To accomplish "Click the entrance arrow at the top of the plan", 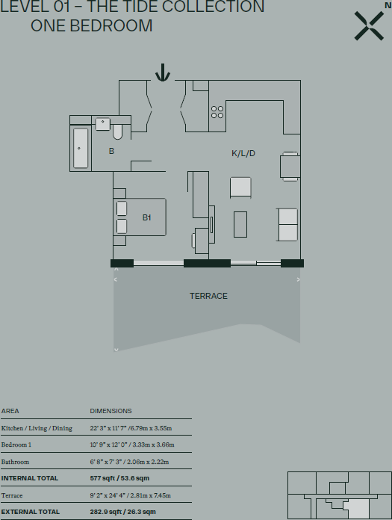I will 163,72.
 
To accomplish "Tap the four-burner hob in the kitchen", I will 217,111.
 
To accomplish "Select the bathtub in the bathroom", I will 80,148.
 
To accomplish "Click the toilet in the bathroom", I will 118,131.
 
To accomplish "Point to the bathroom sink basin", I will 102,124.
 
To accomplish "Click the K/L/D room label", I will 243,153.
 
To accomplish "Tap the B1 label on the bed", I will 147,217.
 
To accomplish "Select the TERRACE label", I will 208,296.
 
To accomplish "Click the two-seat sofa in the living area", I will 287,225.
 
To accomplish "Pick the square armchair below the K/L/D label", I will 240,187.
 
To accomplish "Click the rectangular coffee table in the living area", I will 240,224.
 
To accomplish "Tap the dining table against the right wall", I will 290,167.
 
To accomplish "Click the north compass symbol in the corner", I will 369,25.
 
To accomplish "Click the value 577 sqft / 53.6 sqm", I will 120,478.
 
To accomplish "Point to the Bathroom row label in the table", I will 16,462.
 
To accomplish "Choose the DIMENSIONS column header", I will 111,411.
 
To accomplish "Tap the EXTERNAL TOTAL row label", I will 30,512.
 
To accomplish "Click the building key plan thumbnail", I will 339,495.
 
